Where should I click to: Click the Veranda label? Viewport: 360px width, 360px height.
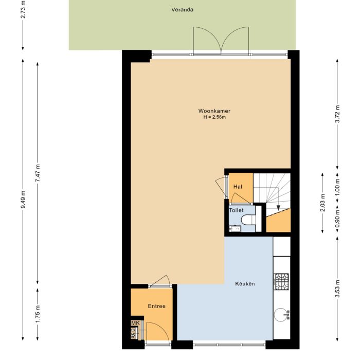click(x=183, y=9)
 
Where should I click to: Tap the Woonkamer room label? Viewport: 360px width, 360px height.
click(x=214, y=111)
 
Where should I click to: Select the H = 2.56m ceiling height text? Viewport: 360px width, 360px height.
click(x=214, y=118)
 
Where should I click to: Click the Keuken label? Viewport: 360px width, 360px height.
click(x=245, y=284)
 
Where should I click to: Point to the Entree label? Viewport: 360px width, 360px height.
click(x=156, y=306)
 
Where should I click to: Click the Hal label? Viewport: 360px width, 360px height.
click(x=238, y=187)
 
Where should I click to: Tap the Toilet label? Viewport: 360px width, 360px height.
click(x=236, y=210)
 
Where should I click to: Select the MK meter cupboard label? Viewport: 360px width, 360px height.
click(x=135, y=323)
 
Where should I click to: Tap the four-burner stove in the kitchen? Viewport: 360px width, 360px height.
click(x=281, y=281)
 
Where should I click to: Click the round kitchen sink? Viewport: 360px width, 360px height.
click(x=281, y=314)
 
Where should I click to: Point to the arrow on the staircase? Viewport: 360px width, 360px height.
click(x=278, y=208)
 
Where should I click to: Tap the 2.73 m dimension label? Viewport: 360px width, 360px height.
click(x=23, y=10)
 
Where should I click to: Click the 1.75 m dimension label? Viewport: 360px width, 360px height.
click(x=38, y=314)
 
